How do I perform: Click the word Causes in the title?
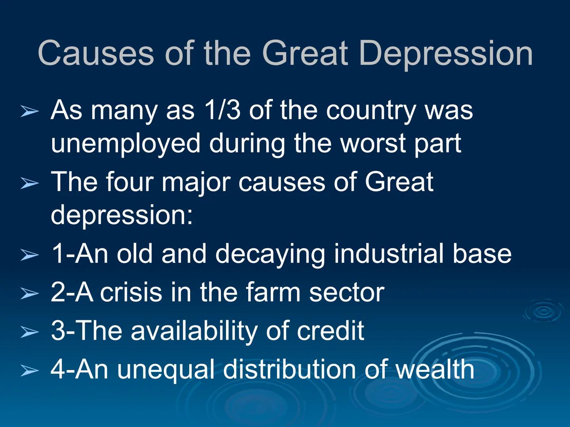pos(96,53)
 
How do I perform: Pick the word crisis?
pos(131,292)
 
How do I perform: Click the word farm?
pos(273,292)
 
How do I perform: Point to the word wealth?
pos(435,369)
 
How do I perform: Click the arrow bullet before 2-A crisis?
pos(30,293)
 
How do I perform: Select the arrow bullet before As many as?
pos(30,111)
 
